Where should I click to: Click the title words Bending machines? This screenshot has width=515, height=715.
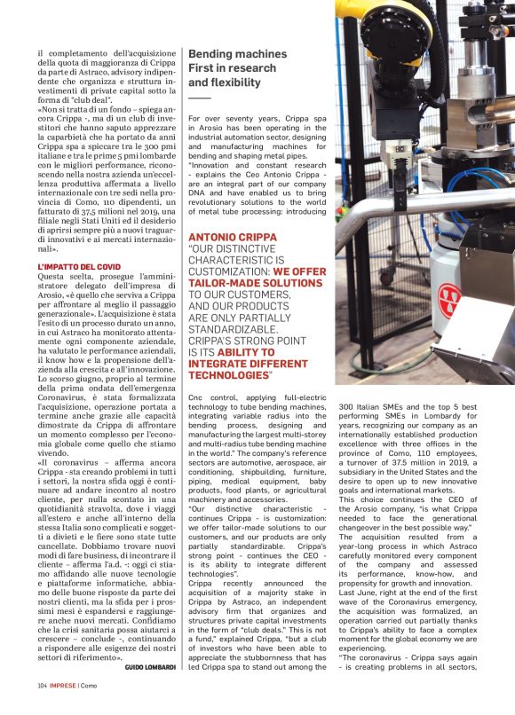[237, 54]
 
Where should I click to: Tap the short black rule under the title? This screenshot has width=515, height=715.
[199, 97]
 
